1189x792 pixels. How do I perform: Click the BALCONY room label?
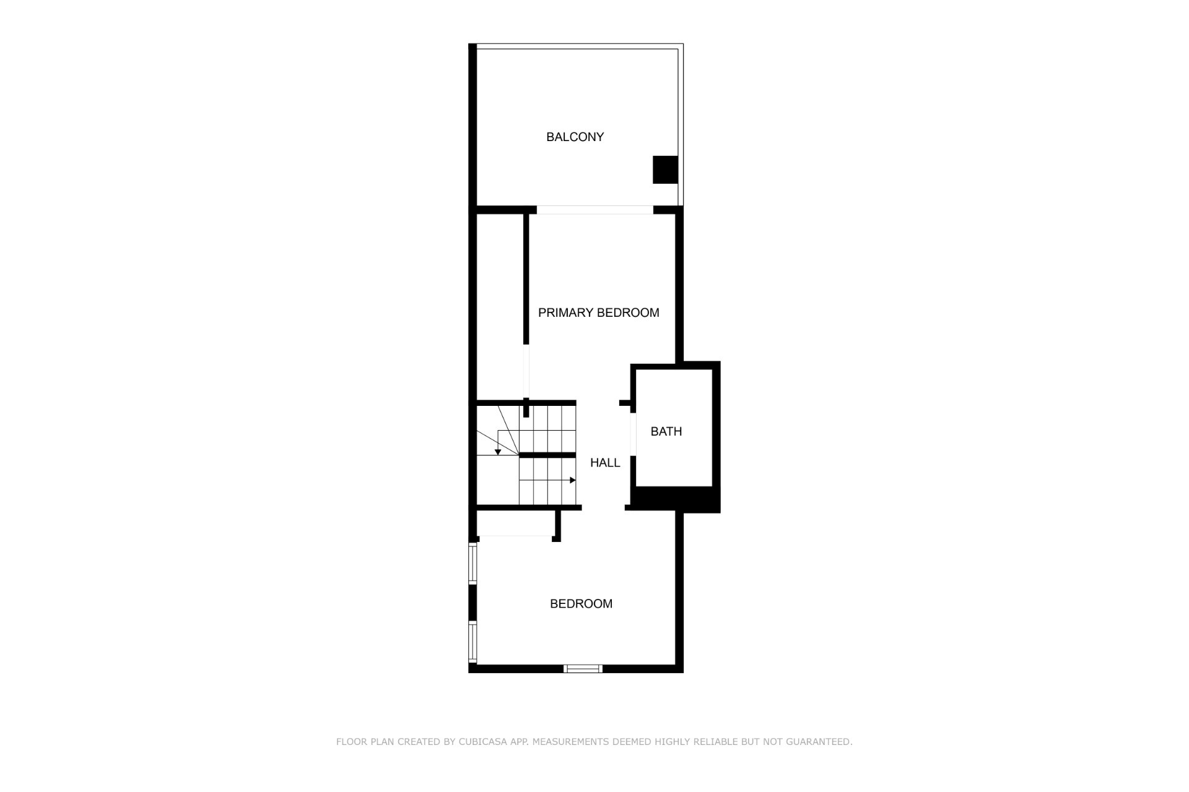tap(575, 137)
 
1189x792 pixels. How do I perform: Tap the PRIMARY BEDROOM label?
tap(598, 312)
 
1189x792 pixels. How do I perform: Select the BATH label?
tap(666, 431)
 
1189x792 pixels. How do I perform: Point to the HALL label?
tap(605, 462)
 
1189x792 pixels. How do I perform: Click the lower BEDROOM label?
tap(581, 603)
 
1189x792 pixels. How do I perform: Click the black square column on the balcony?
tap(665, 170)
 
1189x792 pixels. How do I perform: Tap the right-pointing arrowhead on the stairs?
tap(573, 480)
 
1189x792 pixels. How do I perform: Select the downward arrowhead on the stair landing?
tap(498, 452)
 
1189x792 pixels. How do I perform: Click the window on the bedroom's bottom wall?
tap(583, 668)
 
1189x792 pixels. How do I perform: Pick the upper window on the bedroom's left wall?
tap(473, 563)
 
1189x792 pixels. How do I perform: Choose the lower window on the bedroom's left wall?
tap(473, 642)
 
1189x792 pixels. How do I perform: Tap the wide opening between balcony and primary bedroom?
tap(594, 210)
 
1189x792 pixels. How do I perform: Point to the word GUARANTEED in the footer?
tap(819, 741)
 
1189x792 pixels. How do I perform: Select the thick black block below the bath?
tap(676, 499)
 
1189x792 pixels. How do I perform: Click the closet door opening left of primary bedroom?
tap(526, 371)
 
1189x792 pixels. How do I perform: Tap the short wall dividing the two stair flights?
tap(547, 455)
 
